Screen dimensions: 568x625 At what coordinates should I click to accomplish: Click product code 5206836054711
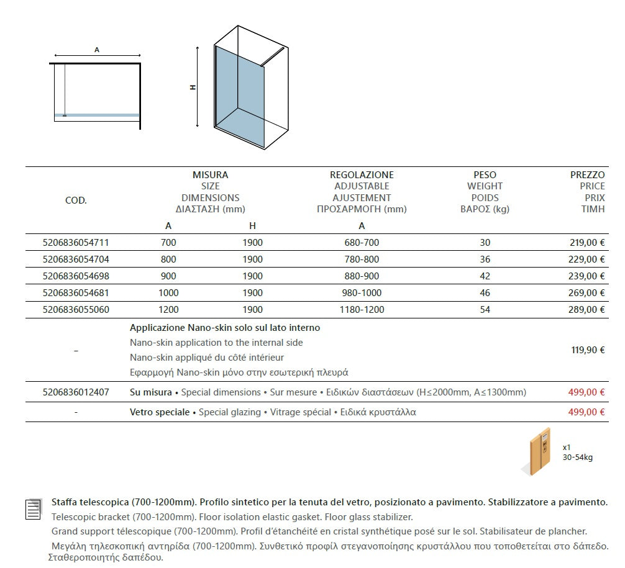(76, 243)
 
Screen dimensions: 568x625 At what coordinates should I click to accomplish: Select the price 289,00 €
(588, 310)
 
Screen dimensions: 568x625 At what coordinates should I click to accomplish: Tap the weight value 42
(485, 276)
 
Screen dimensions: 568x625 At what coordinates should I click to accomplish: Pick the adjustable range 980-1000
(362, 293)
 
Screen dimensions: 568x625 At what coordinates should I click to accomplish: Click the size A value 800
(168, 259)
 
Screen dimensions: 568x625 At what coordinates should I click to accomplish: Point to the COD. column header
(76, 201)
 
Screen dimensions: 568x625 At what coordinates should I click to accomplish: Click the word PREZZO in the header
(587, 175)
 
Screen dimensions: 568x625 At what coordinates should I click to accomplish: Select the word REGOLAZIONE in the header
(362, 175)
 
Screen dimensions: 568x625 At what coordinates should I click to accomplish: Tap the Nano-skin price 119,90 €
(588, 350)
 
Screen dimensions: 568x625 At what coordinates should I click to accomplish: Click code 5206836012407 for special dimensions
(76, 392)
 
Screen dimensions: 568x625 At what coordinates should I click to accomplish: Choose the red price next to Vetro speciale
(586, 412)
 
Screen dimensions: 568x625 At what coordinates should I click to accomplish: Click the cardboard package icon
(540, 452)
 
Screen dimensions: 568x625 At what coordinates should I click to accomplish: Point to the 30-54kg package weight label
(577, 458)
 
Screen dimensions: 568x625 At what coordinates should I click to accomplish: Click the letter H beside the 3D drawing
(193, 88)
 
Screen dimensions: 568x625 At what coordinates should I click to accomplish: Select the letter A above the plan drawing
(97, 50)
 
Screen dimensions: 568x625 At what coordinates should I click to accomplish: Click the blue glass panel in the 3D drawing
(239, 87)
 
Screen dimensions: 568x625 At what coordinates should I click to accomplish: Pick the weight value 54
(485, 310)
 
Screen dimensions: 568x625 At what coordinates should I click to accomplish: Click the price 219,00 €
(588, 243)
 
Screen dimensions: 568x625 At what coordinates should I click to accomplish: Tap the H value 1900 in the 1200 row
(252, 310)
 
